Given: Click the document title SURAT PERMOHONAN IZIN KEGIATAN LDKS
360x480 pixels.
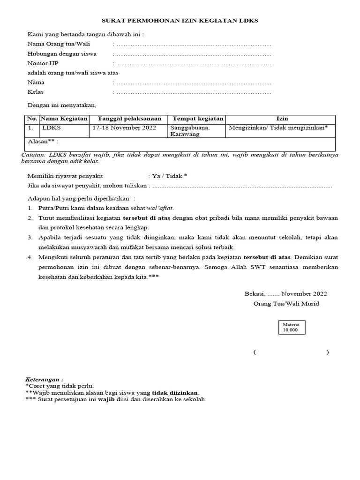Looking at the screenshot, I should pyautogui.click(x=180, y=21).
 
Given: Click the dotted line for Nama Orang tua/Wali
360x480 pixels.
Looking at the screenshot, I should pyautogui.click(x=193, y=44).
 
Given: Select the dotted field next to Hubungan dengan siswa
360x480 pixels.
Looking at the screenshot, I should pyautogui.click(x=193, y=54).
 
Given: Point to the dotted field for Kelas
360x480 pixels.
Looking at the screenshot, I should pyautogui.click(x=193, y=92).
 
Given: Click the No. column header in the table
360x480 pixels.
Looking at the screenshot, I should pyautogui.click(x=32, y=119).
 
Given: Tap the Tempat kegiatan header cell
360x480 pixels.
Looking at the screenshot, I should pyautogui.click(x=198, y=119).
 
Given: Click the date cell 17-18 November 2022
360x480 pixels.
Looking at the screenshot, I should pyautogui.click(x=124, y=127).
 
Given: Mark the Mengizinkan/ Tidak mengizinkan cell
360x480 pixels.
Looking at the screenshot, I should pyautogui.click(x=278, y=127).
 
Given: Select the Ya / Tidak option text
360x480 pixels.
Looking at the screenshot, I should pyautogui.click(x=169, y=176).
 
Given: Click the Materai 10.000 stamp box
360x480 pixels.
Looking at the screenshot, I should pyautogui.click(x=293, y=327).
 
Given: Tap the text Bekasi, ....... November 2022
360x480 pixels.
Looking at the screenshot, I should pyautogui.click(x=285, y=294).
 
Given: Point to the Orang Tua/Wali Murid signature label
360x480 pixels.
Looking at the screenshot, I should pyautogui.click(x=286, y=304).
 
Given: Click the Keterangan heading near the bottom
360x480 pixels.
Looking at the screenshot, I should pyautogui.click(x=44, y=379).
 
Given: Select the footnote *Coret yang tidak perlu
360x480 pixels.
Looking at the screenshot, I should pyautogui.click(x=60, y=386).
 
